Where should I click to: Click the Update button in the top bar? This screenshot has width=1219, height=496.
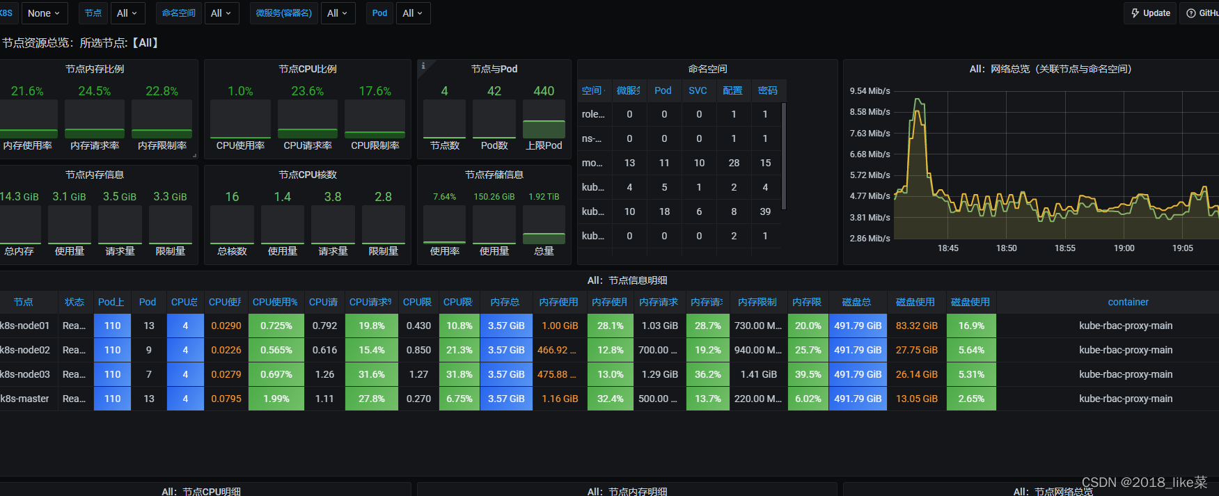(x=1150, y=13)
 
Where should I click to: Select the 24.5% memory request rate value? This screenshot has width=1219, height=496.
(x=95, y=91)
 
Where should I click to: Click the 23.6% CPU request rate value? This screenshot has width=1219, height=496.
(x=308, y=91)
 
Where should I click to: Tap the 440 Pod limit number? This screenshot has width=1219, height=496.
(x=544, y=91)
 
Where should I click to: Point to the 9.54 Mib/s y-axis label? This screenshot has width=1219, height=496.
(x=870, y=91)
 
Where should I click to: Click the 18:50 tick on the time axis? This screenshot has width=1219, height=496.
(x=1007, y=248)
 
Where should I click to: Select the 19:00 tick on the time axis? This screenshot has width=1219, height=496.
(x=1124, y=248)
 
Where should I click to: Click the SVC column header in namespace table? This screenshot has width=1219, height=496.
(x=698, y=90)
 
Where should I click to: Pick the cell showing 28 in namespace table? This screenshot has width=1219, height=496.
(x=734, y=163)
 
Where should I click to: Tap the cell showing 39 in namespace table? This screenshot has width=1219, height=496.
(x=765, y=211)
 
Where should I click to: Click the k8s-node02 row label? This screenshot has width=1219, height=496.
(x=25, y=350)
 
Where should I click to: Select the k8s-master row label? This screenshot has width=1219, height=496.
(x=25, y=399)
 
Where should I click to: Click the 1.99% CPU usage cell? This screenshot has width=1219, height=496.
(x=276, y=399)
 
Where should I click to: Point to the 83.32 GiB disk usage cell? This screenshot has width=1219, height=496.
(x=916, y=326)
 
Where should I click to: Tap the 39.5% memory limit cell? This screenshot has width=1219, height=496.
(x=808, y=374)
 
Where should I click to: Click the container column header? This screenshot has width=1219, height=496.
(x=1128, y=302)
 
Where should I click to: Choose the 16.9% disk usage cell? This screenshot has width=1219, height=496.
(x=971, y=326)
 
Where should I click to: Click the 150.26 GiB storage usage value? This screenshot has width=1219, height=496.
(x=494, y=197)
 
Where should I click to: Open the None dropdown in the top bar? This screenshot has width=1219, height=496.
(x=43, y=13)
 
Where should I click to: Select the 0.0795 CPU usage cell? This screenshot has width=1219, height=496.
(x=226, y=399)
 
